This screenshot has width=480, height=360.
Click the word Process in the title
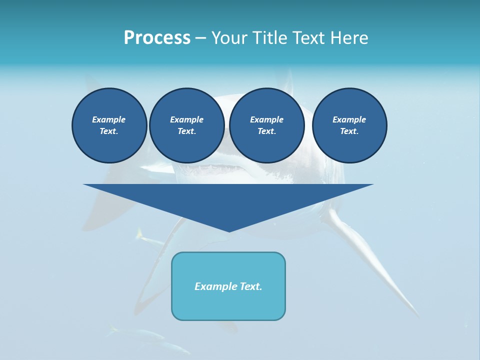[157, 38]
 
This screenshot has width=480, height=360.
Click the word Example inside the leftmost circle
[109, 119]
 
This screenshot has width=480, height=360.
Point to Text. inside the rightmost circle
[349, 131]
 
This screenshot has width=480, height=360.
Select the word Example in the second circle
[187, 119]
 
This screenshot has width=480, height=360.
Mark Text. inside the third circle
[267, 131]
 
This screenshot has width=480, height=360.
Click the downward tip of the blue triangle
[228, 230]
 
